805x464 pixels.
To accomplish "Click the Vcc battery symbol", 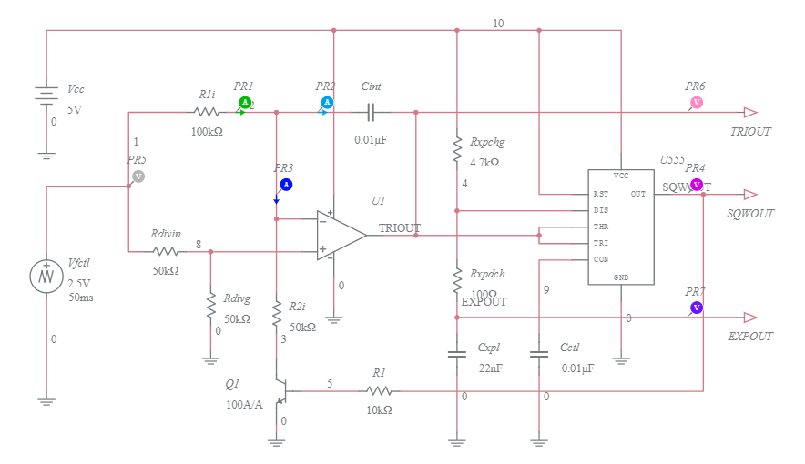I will tap(46, 94).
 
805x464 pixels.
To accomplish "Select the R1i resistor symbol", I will tap(207, 113).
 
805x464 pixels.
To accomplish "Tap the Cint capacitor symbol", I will tap(370, 113).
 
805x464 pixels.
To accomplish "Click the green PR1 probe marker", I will tap(244, 102).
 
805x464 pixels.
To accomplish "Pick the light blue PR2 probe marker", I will tap(327, 102).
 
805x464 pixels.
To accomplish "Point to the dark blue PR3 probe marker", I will tap(285, 185).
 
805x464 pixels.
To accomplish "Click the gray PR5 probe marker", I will tap(138, 176).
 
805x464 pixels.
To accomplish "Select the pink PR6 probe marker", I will tap(696, 102).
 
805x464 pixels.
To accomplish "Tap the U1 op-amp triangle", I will tap(341, 235).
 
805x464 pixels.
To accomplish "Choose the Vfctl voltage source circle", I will tap(46, 276).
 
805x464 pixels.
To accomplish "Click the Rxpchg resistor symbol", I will tap(456, 151).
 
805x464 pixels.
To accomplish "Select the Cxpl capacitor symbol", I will tap(456, 354).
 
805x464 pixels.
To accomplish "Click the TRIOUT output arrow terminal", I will tap(749, 113).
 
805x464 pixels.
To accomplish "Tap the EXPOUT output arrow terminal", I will tap(749, 318).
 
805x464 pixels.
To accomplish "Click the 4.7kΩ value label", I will tap(484, 163).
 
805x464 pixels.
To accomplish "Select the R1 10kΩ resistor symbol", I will tap(380, 391).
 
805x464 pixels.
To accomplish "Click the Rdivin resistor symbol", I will tap(166, 251).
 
